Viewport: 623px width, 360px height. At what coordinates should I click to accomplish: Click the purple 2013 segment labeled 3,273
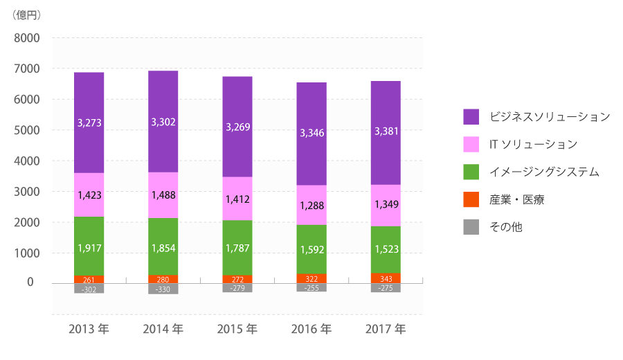[x=89, y=123]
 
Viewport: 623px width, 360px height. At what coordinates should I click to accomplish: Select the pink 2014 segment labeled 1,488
[x=163, y=195]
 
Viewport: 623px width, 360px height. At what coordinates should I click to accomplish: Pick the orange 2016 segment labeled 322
[x=311, y=278]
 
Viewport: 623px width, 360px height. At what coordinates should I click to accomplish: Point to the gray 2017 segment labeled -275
[x=386, y=287]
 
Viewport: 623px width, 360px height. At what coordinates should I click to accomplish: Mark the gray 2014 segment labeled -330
[x=163, y=289]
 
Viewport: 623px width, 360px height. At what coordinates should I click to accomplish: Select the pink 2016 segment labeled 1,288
[x=311, y=205]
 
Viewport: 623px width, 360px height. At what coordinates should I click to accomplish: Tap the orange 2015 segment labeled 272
[x=237, y=279]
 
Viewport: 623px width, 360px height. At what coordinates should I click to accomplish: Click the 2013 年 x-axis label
[x=89, y=329]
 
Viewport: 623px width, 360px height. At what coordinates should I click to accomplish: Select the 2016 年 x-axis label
[x=311, y=329]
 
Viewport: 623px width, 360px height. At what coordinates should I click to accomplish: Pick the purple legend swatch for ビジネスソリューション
[x=471, y=117]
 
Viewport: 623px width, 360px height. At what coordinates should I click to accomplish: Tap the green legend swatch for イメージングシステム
[x=471, y=172]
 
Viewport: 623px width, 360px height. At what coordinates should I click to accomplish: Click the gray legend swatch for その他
[x=471, y=227]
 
